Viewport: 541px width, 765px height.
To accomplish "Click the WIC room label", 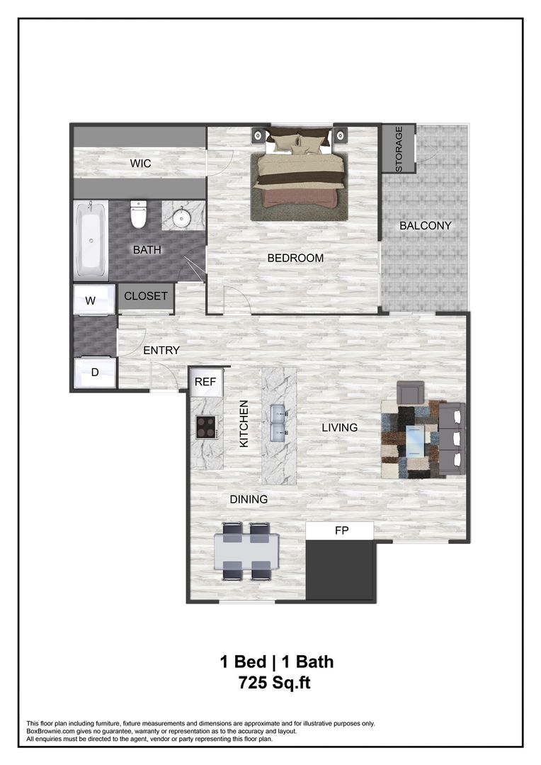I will click(x=140, y=164).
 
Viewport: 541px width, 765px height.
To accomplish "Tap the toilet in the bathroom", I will click(x=138, y=214).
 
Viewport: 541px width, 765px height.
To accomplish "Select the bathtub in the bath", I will click(x=91, y=239).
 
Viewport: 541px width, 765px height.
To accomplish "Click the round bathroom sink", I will click(x=183, y=216).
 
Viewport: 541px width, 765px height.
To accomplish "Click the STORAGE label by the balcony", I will click(x=399, y=149).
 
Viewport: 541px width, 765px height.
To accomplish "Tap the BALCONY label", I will click(x=425, y=226).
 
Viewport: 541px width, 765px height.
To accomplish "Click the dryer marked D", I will click(x=95, y=372).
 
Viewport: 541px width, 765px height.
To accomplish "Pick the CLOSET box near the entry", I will click(x=146, y=296).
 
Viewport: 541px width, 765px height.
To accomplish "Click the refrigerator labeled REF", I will click(x=205, y=382).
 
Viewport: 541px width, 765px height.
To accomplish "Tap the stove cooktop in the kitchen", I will click(x=206, y=426).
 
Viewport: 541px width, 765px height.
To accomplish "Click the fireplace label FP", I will click(x=341, y=531).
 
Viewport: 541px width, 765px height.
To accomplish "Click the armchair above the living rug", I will click(x=410, y=392).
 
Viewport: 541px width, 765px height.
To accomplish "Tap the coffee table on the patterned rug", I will click(x=420, y=441).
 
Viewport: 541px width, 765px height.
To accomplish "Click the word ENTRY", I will click(x=161, y=350).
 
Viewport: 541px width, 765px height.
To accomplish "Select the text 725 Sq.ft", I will click(x=276, y=684).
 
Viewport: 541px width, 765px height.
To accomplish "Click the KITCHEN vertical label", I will click(x=244, y=424).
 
